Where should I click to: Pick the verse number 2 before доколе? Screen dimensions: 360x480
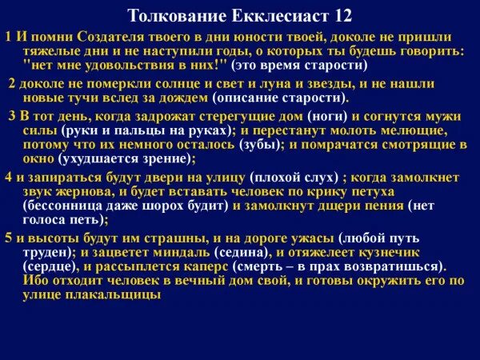coord(11,84)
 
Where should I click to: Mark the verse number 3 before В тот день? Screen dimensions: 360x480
coord(12,115)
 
